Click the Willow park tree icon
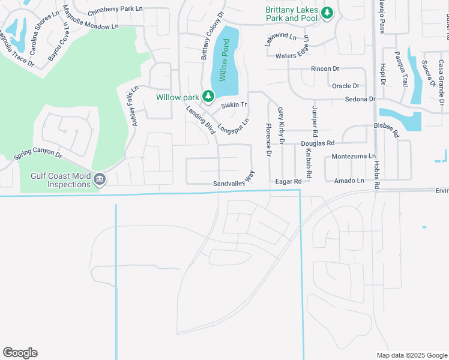(x=208, y=96)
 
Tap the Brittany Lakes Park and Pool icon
(x=327, y=13)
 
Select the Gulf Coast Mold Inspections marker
(x=100, y=179)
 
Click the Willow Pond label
(x=223, y=60)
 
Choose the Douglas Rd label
(x=317, y=144)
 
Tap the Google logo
(x=20, y=353)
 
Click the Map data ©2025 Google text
(x=412, y=355)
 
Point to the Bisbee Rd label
(x=386, y=127)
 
